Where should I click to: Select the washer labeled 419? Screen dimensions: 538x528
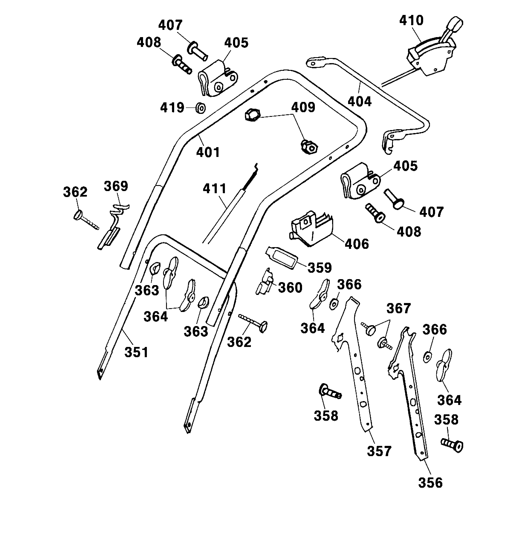click(200, 108)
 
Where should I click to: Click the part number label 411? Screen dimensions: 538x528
click(215, 189)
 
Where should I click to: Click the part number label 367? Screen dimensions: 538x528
click(398, 309)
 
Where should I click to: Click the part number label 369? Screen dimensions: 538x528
click(116, 186)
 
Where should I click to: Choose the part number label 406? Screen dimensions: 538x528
click(357, 244)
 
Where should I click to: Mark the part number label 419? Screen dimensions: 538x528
click(172, 107)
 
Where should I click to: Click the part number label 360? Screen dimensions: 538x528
click(290, 287)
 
